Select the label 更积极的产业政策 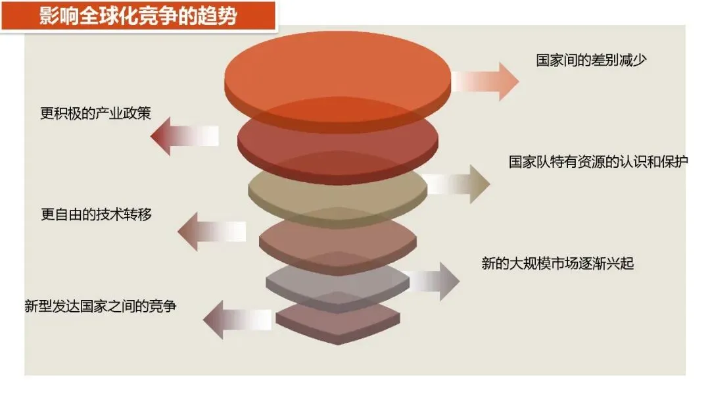pyautogui.click(x=95, y=113)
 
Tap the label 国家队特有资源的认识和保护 pyautogui.click(x=598, y=162)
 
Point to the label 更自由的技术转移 pyautogui.click(x=96, y=214)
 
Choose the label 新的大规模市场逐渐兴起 pyautogui.click(x=557, y=264)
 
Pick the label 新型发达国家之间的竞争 pyautogui.click(x=100, y=305)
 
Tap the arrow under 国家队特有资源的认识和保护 pyautogui.click(x=458, y=184)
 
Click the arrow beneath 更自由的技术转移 pyautogui.click(x=211, y=232)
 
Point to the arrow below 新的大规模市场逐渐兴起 pyautogui.click(x=431, y=281)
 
